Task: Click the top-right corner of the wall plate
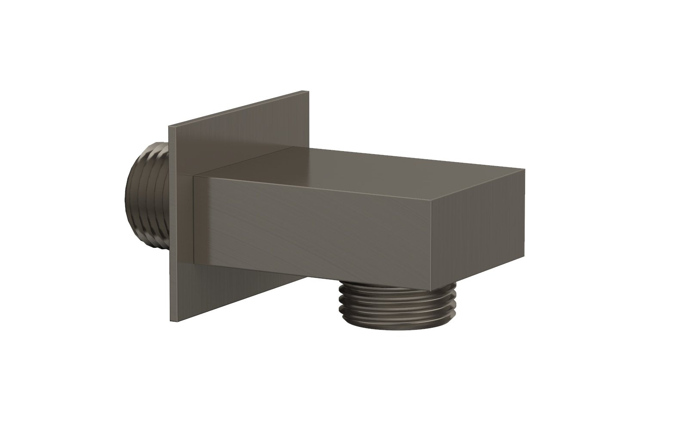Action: coord(308,91)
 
